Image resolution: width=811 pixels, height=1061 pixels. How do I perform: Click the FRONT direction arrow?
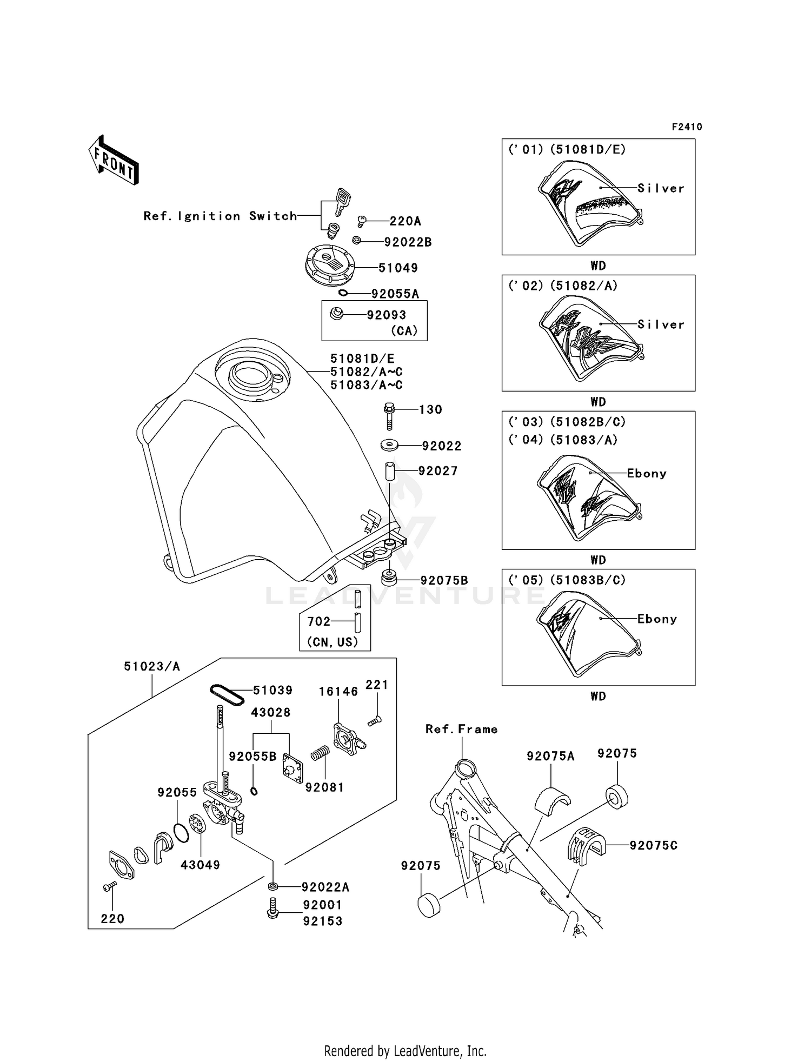click(x=114, y=160)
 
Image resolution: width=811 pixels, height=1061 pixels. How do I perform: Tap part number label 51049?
click(x=398, y=268)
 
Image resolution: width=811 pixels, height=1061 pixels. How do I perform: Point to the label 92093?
click(x=386, y=315)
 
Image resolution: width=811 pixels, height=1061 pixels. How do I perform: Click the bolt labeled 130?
click(x=389, y=415)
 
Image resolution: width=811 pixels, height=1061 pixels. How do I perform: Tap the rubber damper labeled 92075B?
click(x=388, y=578)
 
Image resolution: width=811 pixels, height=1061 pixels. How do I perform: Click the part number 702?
click(x=318, y=621)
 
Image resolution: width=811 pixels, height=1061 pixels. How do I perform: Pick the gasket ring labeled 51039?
click(x=227, y=694)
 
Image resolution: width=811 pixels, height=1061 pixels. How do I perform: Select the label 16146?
click(x=338, y=691)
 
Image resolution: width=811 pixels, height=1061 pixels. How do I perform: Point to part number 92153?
click(x=323, y=921)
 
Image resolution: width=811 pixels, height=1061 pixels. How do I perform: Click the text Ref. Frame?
click(x=461, y=729)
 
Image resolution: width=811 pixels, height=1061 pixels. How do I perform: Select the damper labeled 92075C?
click(x=585, y=844)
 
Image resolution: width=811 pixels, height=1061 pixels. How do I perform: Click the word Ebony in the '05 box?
click(x=657, y=619)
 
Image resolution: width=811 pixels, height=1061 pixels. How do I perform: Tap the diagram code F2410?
click(x=687, y=127)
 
